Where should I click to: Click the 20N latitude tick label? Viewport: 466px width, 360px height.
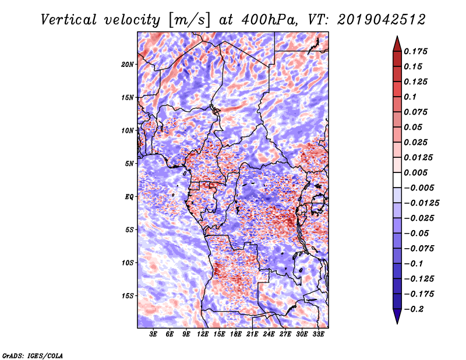(x=127, y=65)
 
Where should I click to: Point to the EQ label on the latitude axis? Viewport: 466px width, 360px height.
(x=129, y=197)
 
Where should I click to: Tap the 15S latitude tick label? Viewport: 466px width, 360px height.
(x=127, y=296)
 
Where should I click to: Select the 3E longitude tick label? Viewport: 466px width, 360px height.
(x=153, y=334)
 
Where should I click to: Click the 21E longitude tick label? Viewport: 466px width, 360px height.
(x=252, y=334)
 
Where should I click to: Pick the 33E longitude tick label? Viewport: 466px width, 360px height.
(x=318, y=334)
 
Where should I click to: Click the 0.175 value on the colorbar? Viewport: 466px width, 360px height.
(x=415, y=51)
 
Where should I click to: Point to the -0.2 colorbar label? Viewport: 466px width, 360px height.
(x=414, y=309)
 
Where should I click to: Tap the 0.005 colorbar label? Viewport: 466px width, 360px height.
(x=415, y=172)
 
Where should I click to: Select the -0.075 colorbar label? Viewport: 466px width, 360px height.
(x=419, y=249)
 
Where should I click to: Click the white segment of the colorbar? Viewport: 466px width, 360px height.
(x=397, y=180)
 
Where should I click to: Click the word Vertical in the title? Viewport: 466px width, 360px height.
(x=69, y=20)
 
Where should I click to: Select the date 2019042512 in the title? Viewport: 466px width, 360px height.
(x=382, y=20)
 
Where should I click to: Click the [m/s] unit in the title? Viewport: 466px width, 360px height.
(x=189, y=20)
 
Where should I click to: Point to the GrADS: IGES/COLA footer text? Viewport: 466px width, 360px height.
(x=33, y=355)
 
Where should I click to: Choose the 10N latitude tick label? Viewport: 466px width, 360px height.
(x=127, y=130)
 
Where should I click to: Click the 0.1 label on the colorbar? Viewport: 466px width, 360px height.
(x=410, y=97)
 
